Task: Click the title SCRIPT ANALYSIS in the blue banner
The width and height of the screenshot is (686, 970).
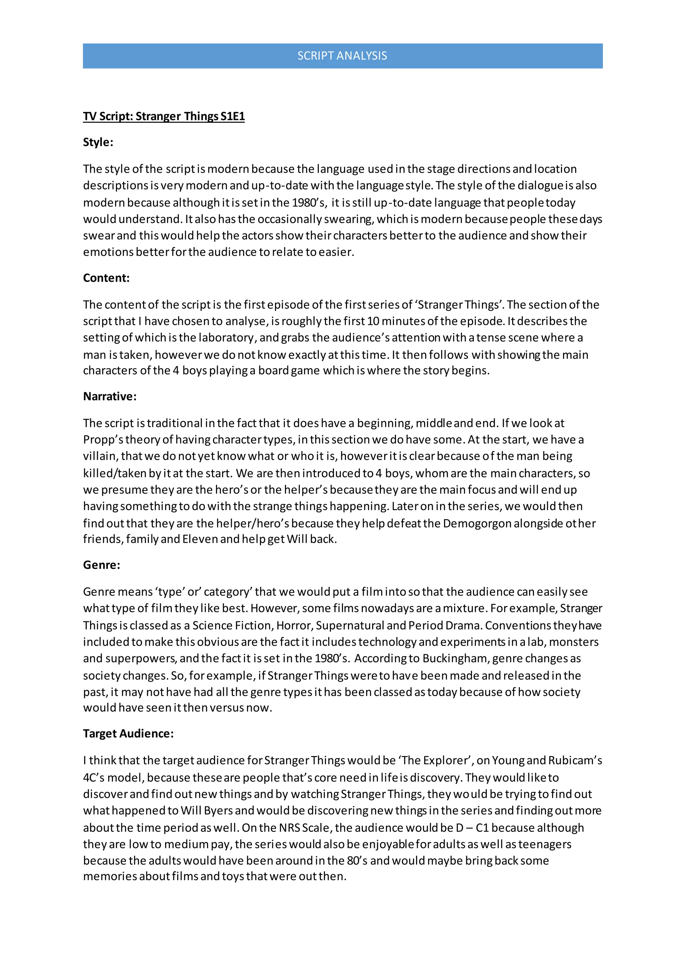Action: click(x=342, y=56)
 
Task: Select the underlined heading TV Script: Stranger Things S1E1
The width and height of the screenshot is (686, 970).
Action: click(x=164, y=116)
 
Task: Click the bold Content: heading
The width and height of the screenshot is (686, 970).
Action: click(x=106, y=278)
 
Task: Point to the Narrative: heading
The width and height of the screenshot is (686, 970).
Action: click(x=110, y=396)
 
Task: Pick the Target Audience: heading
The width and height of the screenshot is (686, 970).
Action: click(x=128, y=734)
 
